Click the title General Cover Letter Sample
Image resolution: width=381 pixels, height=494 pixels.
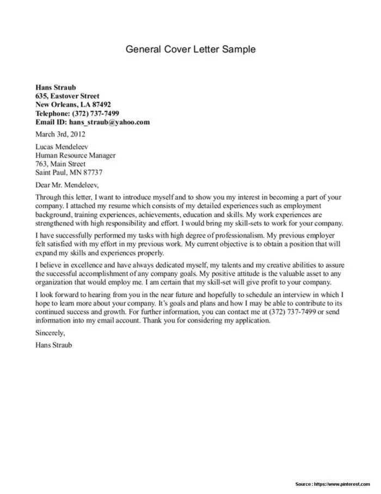190,50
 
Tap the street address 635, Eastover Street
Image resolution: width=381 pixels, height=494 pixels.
67,96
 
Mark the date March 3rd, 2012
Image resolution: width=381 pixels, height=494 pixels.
60,134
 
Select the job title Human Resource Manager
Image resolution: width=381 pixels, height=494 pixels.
75,155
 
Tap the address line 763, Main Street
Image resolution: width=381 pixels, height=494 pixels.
60,164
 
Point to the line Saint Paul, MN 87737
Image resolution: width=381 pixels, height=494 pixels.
69,173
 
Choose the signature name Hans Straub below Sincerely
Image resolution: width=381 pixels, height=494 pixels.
53,345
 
